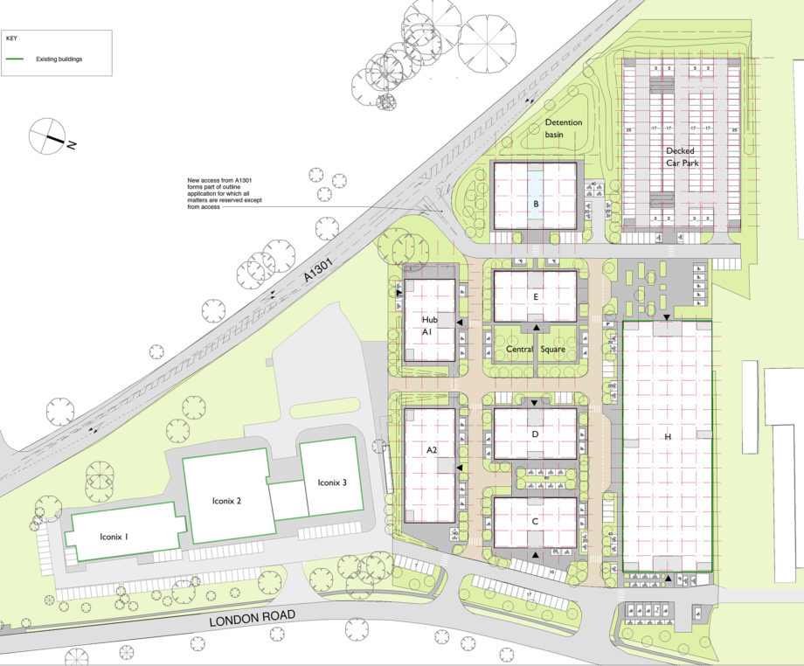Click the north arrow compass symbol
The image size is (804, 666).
[x=48, y=136]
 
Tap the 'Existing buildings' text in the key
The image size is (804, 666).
[x=59, y=59]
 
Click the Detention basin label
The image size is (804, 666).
[x=564, y=128]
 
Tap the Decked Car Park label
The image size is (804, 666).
[x=680, y=156]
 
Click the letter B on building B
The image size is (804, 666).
[x=535, y=206]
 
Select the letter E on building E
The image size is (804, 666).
[x=535, y=296]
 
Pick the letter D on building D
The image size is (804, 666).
[x=535, y=434]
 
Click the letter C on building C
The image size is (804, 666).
[x=535, y=521]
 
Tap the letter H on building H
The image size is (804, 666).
[x=668, y=436]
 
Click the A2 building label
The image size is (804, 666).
[x=431, y=449]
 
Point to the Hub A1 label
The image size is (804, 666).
[x=427, y=327]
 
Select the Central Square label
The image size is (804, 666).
[x=536, y=350]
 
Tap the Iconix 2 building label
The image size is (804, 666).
[x=226, y=502]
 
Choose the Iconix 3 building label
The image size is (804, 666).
[x=332, y=482]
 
